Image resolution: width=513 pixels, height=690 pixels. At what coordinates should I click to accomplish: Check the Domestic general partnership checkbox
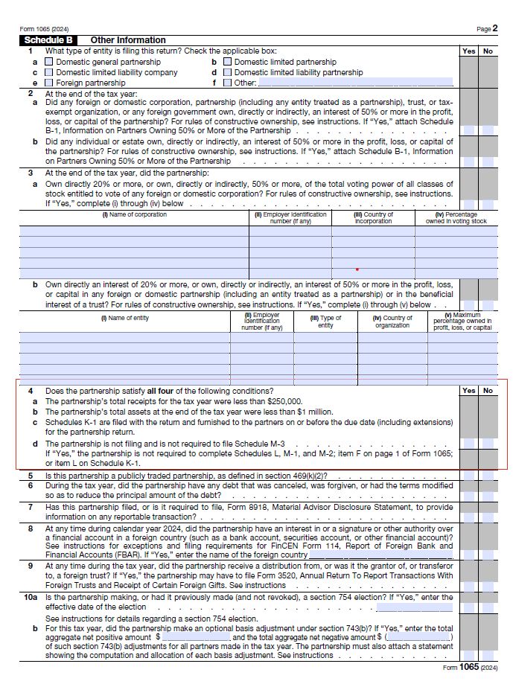click(49, 62)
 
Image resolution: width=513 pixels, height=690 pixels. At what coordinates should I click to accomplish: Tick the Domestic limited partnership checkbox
click(227, 62)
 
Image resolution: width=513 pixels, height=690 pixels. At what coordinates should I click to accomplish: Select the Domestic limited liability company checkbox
click(49, 72)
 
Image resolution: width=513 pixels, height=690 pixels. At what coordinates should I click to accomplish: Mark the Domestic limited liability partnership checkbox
click(227, 72)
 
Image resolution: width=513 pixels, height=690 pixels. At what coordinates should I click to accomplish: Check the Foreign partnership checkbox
click(49, 83)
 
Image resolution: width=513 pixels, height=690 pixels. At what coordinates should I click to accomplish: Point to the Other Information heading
click(128, 40)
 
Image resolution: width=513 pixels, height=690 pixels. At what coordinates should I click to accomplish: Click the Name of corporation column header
click(134, 215)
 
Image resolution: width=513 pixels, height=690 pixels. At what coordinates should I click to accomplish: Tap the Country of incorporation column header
click(373, 217)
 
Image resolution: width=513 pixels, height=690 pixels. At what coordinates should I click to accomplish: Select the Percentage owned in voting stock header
click(456, 217)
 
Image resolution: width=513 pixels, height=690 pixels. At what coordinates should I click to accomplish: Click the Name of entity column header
click(124, 319)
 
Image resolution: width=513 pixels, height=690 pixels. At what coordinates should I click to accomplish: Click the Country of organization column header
click(392, 322)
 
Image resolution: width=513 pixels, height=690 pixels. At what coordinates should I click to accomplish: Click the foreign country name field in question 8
click(380, 555)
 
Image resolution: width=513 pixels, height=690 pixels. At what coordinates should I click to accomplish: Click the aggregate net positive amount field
click(196, 637)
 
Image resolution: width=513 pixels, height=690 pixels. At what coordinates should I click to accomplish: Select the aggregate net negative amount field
click(418, 637)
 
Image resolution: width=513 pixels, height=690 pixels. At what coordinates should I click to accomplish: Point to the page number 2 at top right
click(495, 28)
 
